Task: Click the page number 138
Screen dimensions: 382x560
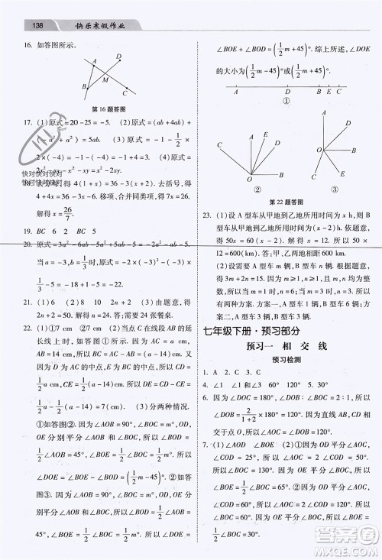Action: point(37,25)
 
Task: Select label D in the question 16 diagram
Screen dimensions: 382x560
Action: point(118,56)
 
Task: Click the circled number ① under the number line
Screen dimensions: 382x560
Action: point(287,99)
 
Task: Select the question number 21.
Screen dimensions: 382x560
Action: point(26,302)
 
